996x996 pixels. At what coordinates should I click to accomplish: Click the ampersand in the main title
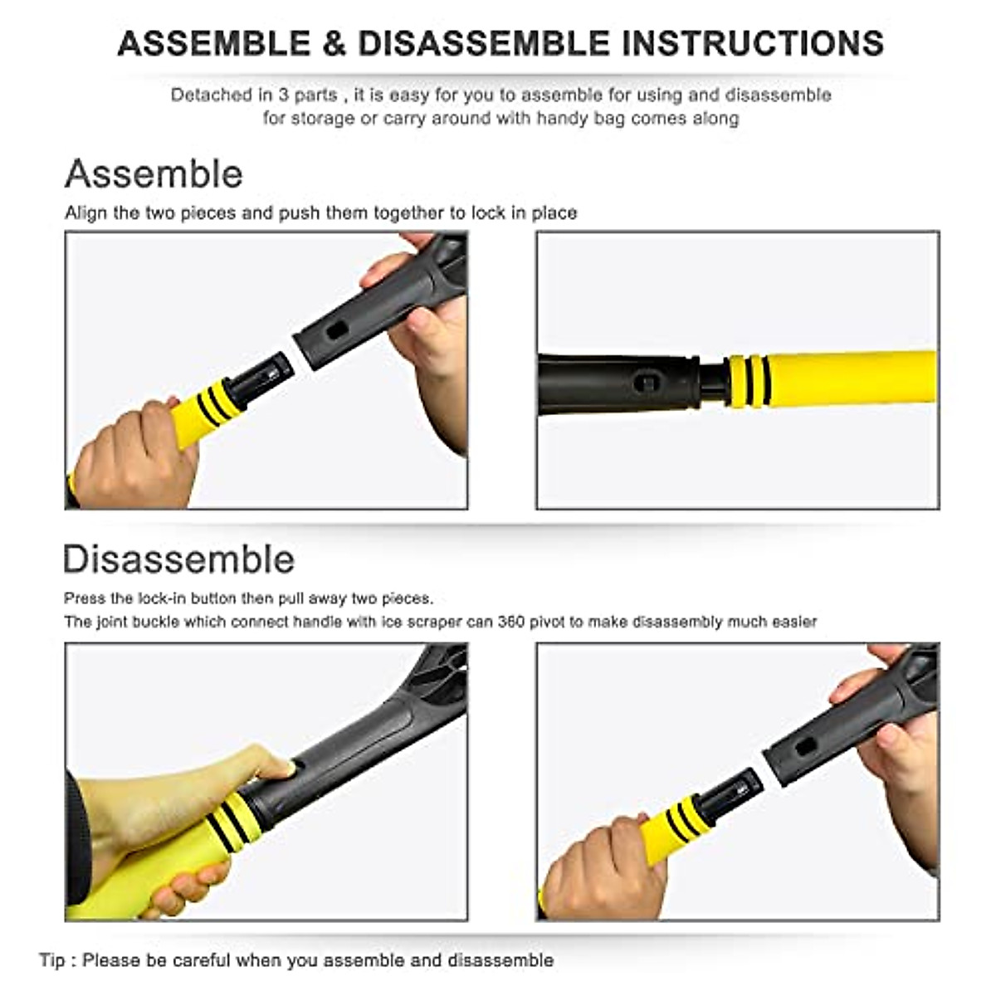pos(334,44)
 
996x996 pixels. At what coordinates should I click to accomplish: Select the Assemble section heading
pos(154,174)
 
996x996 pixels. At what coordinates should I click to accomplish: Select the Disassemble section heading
pos(179,559)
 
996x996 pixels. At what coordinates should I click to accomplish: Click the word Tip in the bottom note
pos(51,960)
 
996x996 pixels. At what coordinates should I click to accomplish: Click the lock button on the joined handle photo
pos(647,383)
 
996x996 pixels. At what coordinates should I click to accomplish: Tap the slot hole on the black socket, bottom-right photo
pos(804,745)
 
